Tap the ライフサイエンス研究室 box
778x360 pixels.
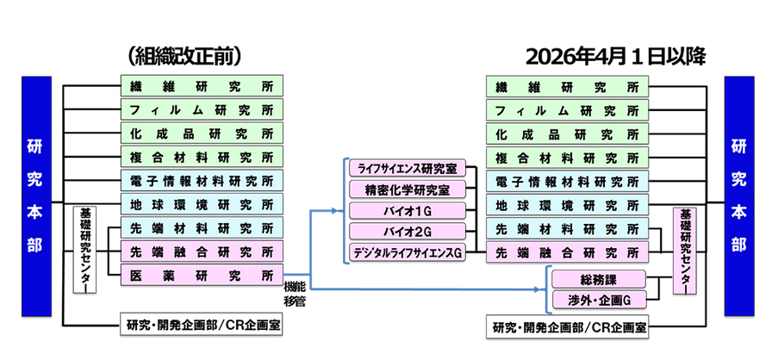point(407,168)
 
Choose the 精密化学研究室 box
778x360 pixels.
point(407,189)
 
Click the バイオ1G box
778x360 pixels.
point(407,210)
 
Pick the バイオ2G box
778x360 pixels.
point(407,231)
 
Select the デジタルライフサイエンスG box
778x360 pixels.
point(407,252)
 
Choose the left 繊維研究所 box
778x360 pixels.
point(201,87)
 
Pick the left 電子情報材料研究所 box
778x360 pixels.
point(201,181)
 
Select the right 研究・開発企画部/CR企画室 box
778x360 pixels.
point(569,327)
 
